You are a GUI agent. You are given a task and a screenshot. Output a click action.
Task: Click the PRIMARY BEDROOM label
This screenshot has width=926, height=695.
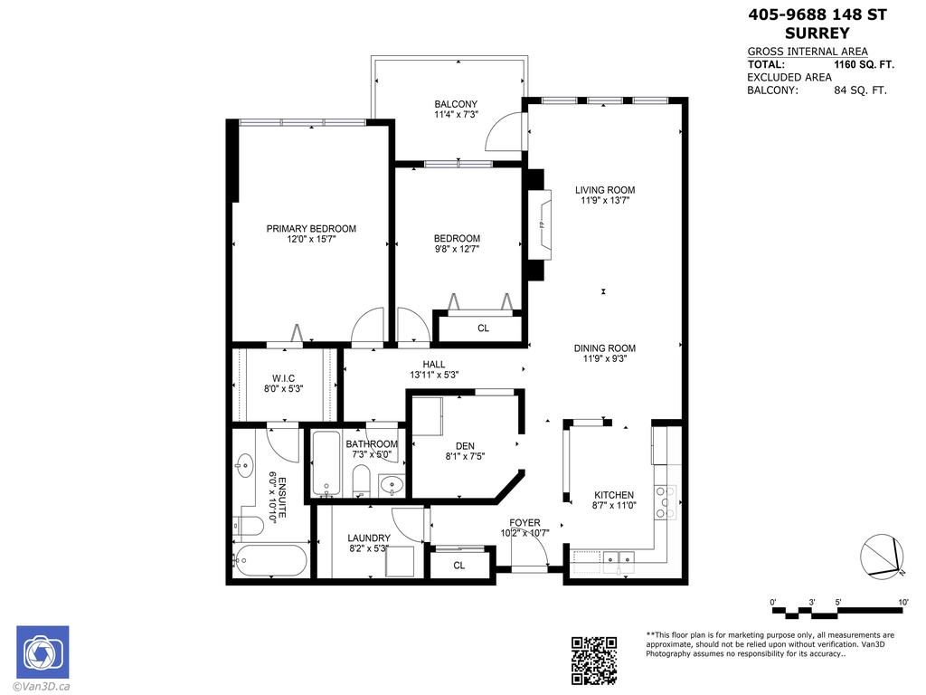point(310,229)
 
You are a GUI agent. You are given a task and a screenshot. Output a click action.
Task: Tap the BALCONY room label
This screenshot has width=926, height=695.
point(456,104)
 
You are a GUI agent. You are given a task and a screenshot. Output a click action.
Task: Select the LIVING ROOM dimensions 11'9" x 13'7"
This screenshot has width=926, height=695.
point(605,201)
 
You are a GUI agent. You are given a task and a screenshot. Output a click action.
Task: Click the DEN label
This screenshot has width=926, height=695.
point(465,445)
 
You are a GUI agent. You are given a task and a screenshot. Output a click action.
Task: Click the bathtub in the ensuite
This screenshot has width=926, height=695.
point(270,560)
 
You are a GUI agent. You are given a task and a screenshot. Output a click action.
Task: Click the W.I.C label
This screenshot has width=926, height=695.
point(284,377)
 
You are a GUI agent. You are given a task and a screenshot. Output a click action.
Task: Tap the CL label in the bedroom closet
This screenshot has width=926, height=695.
point(483,328)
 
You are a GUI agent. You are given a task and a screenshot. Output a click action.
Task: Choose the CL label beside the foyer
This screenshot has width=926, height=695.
point(458,566)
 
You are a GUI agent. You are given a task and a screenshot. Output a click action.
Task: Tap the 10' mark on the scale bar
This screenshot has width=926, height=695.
point(903,602)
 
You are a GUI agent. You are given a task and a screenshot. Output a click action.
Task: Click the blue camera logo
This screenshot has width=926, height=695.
point(42,652)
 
